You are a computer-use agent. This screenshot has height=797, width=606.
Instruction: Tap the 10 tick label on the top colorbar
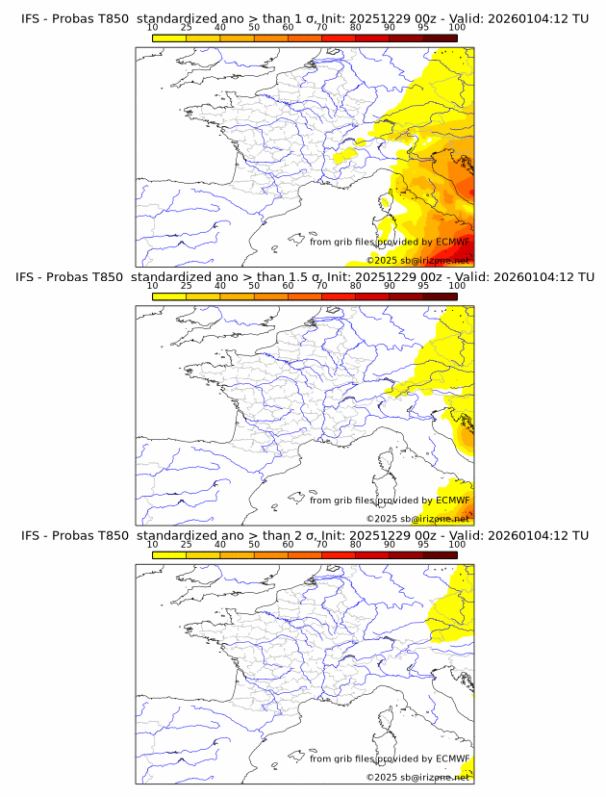click(152, 28)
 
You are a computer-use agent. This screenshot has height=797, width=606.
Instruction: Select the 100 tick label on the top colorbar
click(457, 28)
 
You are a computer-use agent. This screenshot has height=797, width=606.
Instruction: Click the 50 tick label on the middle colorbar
click(254, 286)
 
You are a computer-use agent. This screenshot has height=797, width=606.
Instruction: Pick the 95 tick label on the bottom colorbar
click(423, 544)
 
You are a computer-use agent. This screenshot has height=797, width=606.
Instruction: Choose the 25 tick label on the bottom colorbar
click(186, 544)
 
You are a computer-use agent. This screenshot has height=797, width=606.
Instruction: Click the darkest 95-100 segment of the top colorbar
click(441, 38)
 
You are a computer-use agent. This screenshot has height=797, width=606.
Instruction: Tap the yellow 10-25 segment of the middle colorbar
click(169, 296)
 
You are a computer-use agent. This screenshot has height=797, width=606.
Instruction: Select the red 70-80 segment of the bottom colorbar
click(339, 553)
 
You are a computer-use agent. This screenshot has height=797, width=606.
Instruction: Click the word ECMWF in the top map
click(452, 243)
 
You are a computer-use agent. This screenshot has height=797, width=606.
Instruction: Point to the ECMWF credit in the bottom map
click(452, 758)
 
